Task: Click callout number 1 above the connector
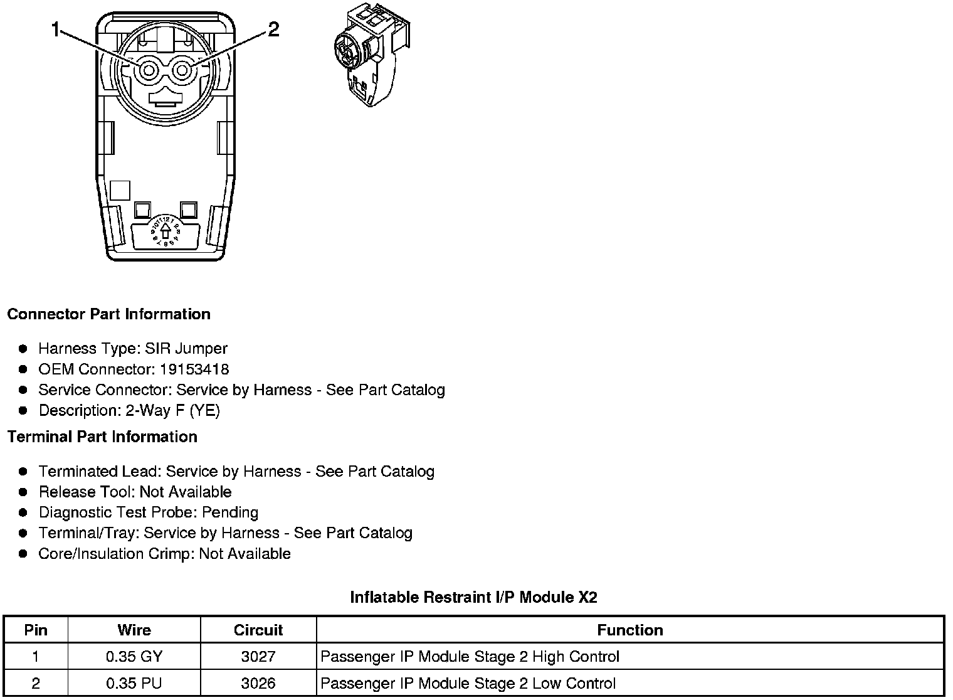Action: point(56,29)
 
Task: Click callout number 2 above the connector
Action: point(273,29)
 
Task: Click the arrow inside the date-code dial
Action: point(166,233)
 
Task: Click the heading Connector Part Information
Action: point(108,314)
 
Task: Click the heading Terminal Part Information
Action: point(102,437)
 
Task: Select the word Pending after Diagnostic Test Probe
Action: point(230,512)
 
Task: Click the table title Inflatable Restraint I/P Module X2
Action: point(473,597)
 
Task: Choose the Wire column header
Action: point(134,630)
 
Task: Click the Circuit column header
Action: point(258,630)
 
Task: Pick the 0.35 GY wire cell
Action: point(134,657)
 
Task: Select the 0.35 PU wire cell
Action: point(134,683)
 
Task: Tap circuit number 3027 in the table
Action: point(258,657)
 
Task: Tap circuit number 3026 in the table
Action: point(258,683)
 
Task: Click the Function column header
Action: point(630,630)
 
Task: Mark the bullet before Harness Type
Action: point(23,349)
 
